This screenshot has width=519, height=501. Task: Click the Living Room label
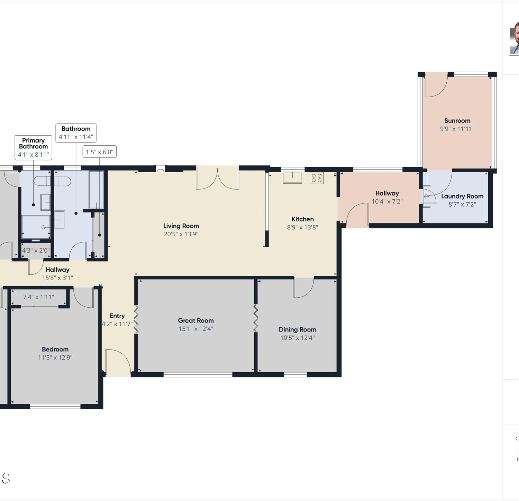coord(181,226)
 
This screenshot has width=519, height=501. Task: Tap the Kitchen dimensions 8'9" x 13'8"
coord(302,227)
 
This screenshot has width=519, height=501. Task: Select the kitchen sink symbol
coord(292,177)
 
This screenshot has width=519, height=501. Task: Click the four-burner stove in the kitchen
coord(317,178)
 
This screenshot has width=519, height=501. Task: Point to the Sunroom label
coord(457,121)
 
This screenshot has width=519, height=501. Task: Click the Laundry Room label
coord(462,196)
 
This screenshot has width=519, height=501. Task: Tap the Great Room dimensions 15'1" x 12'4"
coord(196,329)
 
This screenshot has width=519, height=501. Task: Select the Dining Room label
coord(298,329)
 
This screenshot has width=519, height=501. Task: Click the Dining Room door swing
coord(304,288)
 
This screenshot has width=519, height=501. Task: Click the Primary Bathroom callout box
coord(34,148)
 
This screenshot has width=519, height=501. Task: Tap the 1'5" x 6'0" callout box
coord(100,152)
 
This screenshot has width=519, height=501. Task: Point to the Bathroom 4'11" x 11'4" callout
coord(76,133)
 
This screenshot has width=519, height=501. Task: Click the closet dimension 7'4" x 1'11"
coord(38,297)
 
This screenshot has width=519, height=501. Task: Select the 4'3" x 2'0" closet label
coord(36,250)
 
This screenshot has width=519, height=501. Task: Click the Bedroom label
coord(55,349)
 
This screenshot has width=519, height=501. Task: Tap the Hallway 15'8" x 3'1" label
coord(57,274)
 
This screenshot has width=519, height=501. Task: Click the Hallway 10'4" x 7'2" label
coord(387,197)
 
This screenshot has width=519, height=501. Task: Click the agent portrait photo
coord(515,38)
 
